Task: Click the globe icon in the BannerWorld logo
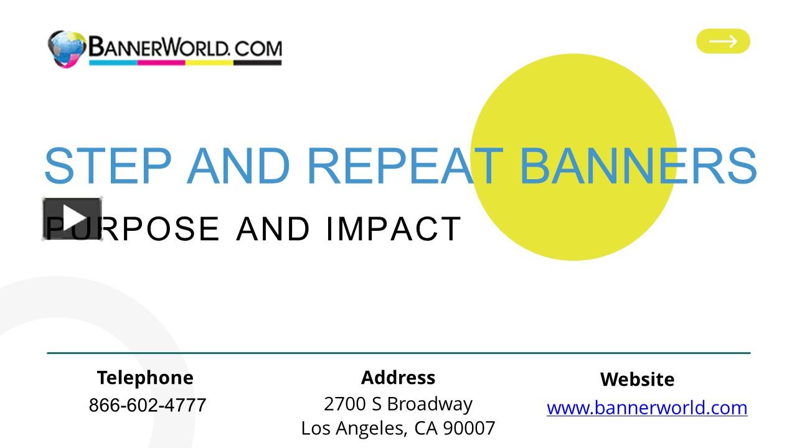click(x=66, y=49)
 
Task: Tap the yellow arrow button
click(x=723, y=41)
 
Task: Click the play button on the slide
click(x=72, y=218)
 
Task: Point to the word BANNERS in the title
click(x=638, y=167)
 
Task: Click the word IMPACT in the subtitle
click(x=393, y=228)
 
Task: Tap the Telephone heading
click(x=145, y=378)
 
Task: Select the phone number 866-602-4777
click(x=147, y=405)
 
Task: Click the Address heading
click(x=398, y=377)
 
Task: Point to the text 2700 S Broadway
click(x=398, y=404)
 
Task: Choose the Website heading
click(x=637, y=379)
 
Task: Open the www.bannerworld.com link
click(x=647, y=408)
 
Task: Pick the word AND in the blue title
click(x=238, y=167)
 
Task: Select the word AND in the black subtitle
click(x=273, y=228)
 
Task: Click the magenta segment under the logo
click(x=161, y=62)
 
